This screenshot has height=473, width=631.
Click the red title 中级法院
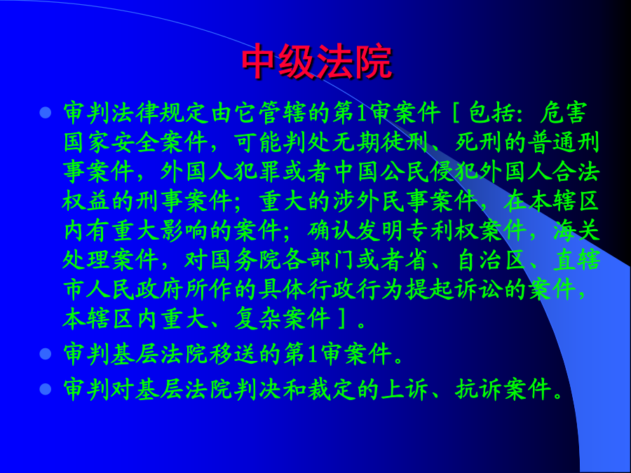pos(317,62)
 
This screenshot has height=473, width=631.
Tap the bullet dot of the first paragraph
pos(46,112)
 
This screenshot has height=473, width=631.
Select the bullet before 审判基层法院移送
pos(46,354)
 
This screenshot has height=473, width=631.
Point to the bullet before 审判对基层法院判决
pos(46,389)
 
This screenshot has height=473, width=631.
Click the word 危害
pos(564,113)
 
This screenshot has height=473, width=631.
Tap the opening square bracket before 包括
pos(456,113)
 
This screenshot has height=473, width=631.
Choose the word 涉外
pos(357,201)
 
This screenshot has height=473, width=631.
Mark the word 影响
pos(184,231)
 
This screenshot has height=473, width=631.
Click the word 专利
pos(429,231)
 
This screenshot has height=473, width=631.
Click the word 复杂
pos(257,319)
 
